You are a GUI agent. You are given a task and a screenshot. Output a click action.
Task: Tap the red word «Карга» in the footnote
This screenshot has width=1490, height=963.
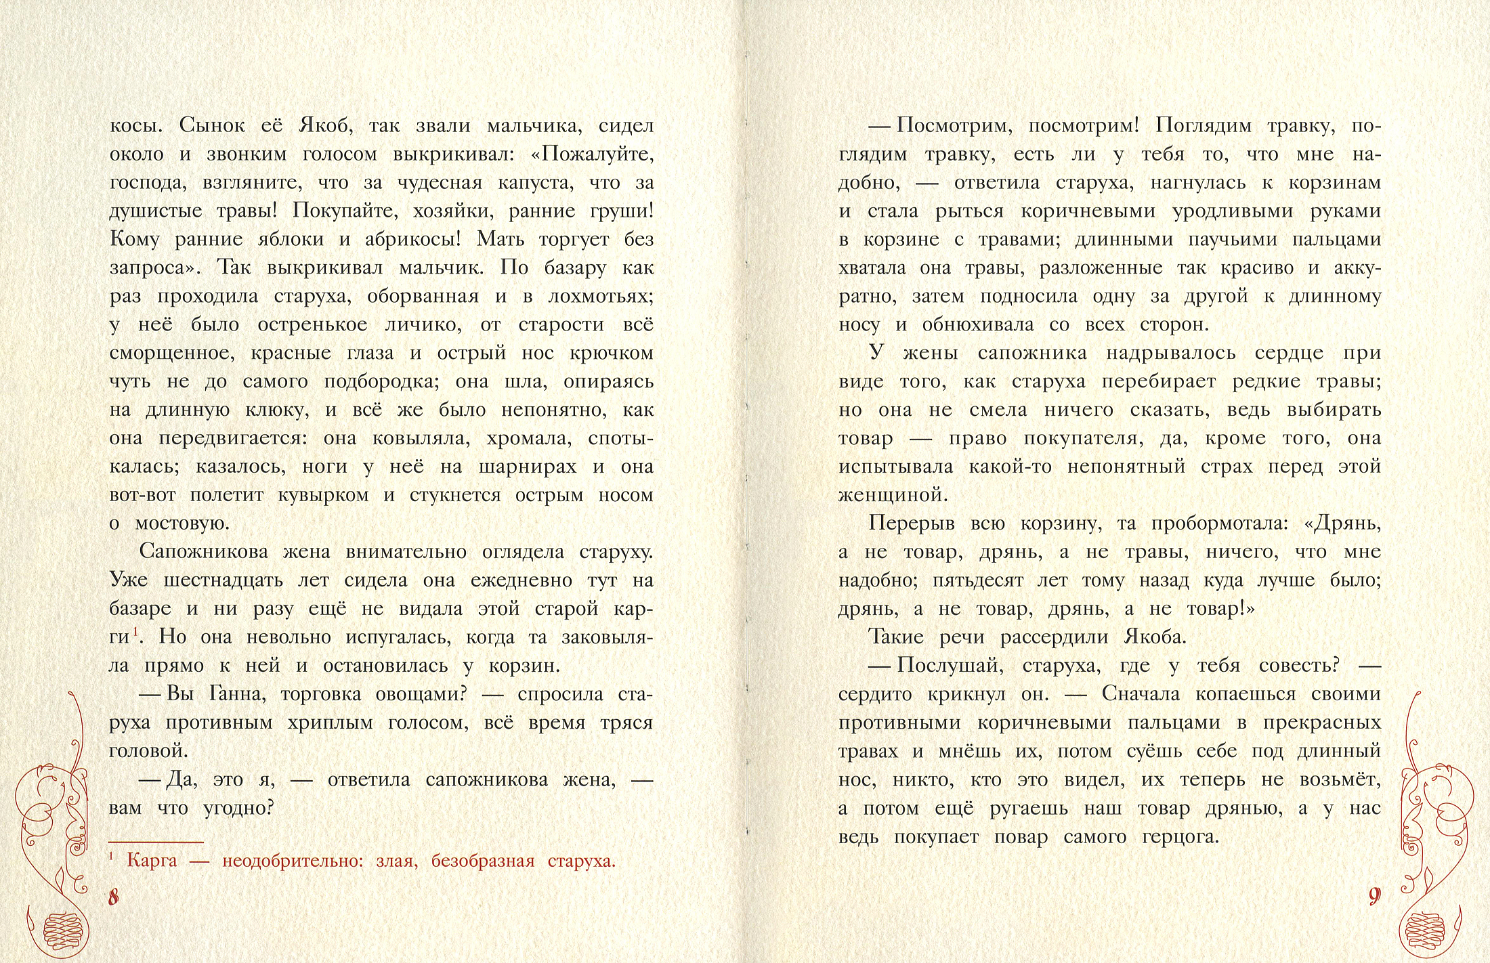click(x=152, y=861)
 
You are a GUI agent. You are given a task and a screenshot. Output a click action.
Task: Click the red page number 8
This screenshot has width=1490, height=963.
click(x=114, y=897)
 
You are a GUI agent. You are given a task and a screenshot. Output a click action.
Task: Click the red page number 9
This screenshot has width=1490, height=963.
click(x=1374, y=897)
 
